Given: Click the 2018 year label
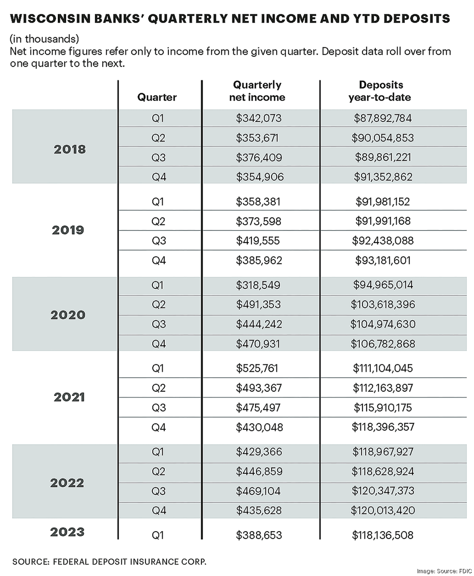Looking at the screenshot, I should click(x=69, y=149).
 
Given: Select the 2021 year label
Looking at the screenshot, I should click(x=69, y=397).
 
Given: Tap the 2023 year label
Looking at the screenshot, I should click(x=67, y=532).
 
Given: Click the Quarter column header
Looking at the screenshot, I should click(x=157, y=97).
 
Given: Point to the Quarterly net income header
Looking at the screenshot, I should click(x=257, y=91).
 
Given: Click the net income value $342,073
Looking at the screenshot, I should click(x=258, y=119).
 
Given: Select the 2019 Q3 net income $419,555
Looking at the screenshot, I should click(x=258, y=241).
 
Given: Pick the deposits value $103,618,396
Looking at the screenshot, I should click(x=382, y=305).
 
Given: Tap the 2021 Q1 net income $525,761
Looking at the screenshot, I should click(x=258, y=369).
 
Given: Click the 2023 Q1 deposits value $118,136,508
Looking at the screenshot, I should click(x=382, y=535).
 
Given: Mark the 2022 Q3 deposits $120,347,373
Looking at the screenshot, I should click(x=382, y=491).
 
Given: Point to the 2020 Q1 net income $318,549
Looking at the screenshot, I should click(x=258, y=285).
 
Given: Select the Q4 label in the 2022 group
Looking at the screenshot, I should click(x=158, y=511).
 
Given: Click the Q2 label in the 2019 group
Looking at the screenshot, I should click(x=158, y=221).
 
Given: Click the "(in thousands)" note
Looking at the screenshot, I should click(x=44, y=39).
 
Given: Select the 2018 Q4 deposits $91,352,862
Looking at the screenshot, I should click(x=382, y=177).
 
